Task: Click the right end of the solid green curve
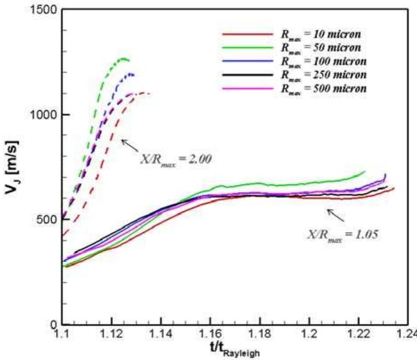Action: (365, 171)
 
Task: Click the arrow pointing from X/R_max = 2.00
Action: (130, 145)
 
